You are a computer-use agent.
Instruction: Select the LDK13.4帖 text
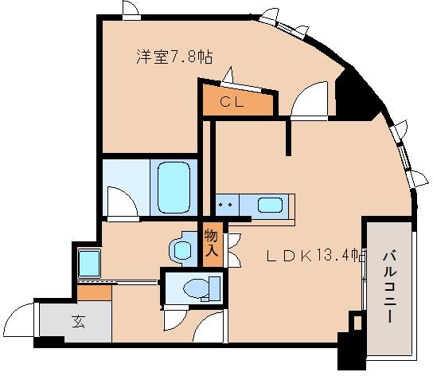315,257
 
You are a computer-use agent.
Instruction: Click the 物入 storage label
211,243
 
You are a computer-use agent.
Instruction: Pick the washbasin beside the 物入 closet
182,249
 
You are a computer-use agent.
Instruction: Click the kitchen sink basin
271,205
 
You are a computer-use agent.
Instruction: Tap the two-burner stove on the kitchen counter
224,205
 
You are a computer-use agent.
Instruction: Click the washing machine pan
88,261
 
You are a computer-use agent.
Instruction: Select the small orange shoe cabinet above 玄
94,292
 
